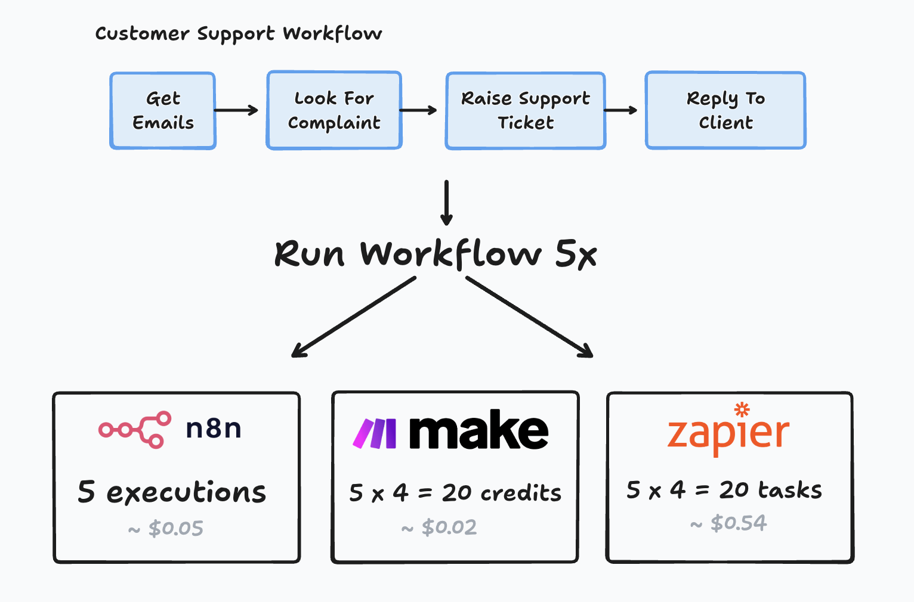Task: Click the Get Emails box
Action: (x=163, y=110)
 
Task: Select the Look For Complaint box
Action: (x=334, y=110)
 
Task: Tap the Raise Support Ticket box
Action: (x=526, y=110)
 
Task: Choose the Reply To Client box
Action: (x=725, y=110)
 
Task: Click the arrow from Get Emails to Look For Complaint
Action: (x=236, y=110)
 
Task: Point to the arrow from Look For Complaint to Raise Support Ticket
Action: (x=418, y=110)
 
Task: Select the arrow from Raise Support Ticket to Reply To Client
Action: (x=620, y=110)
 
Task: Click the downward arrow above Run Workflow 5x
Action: (x=446, y=203)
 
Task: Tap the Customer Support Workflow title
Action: (x=239, y=34)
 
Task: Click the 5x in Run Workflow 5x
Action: (x=575, y=255)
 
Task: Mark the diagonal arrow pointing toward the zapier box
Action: (x=529, y=317)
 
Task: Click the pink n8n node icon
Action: (x=135, y=429)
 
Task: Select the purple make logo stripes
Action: (x=375, y=433)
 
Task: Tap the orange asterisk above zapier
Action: (x=742, y=409)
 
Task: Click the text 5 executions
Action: (x=172, y=492)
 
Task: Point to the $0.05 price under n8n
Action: (x=175, y=528)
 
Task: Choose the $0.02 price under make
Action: (x=449, y=527)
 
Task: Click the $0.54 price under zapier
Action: (x=738, y=523)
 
